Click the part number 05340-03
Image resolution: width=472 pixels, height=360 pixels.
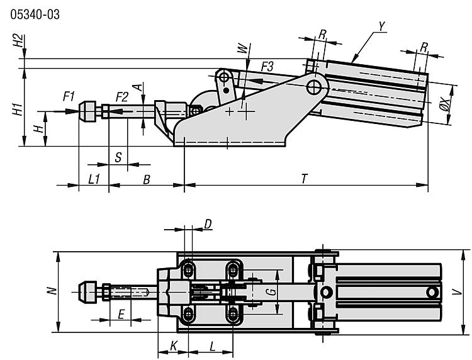(35, 14)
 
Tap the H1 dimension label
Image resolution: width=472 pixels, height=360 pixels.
(18, 109)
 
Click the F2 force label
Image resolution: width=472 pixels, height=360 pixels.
(122, 96)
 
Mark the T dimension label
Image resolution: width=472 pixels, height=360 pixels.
(304, 179)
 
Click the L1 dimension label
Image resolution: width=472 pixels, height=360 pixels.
(94, 179)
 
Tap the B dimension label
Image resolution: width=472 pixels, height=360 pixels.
(146, 179)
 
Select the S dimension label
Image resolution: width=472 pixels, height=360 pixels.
(118, 157)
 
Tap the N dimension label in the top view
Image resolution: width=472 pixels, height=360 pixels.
(53, 291)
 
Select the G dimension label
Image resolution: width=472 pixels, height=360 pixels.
(269, 291)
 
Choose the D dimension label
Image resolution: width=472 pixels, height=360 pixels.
(208, 223)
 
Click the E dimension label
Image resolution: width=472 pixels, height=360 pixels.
(121, 314)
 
